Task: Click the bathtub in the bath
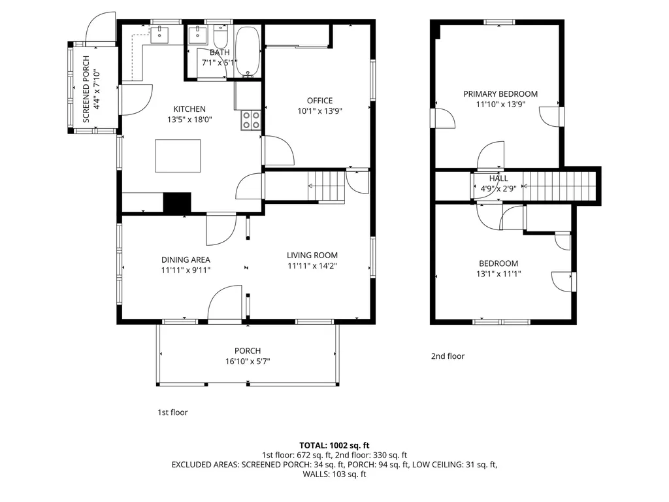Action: [x=248, y=51]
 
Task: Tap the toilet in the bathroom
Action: [x=221, y=37]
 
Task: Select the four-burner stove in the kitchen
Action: [x=251, y=120]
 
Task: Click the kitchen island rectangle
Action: [x=178, y=156]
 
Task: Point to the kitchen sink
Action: [x=159, y=34]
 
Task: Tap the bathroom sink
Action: [x=197, y=34]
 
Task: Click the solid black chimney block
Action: [x=177, y=203]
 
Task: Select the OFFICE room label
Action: [x=319, y=101]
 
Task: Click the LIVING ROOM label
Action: [x=312, y=256]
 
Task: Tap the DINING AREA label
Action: [x=186, y=259]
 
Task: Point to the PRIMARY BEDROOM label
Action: [x=500, y=94]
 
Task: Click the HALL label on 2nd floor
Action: [x=498, y=178]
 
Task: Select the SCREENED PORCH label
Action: [x=86, y=89]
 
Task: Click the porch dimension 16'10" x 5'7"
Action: [x=248, y=361]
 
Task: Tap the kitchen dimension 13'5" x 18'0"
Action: [x=189, y=120]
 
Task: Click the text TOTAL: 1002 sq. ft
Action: [x=334, y=446]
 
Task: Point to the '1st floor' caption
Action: [x=172, y=412]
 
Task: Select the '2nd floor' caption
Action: [x=448, y=356]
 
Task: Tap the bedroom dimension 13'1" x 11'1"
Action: [x=498, y=274]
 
